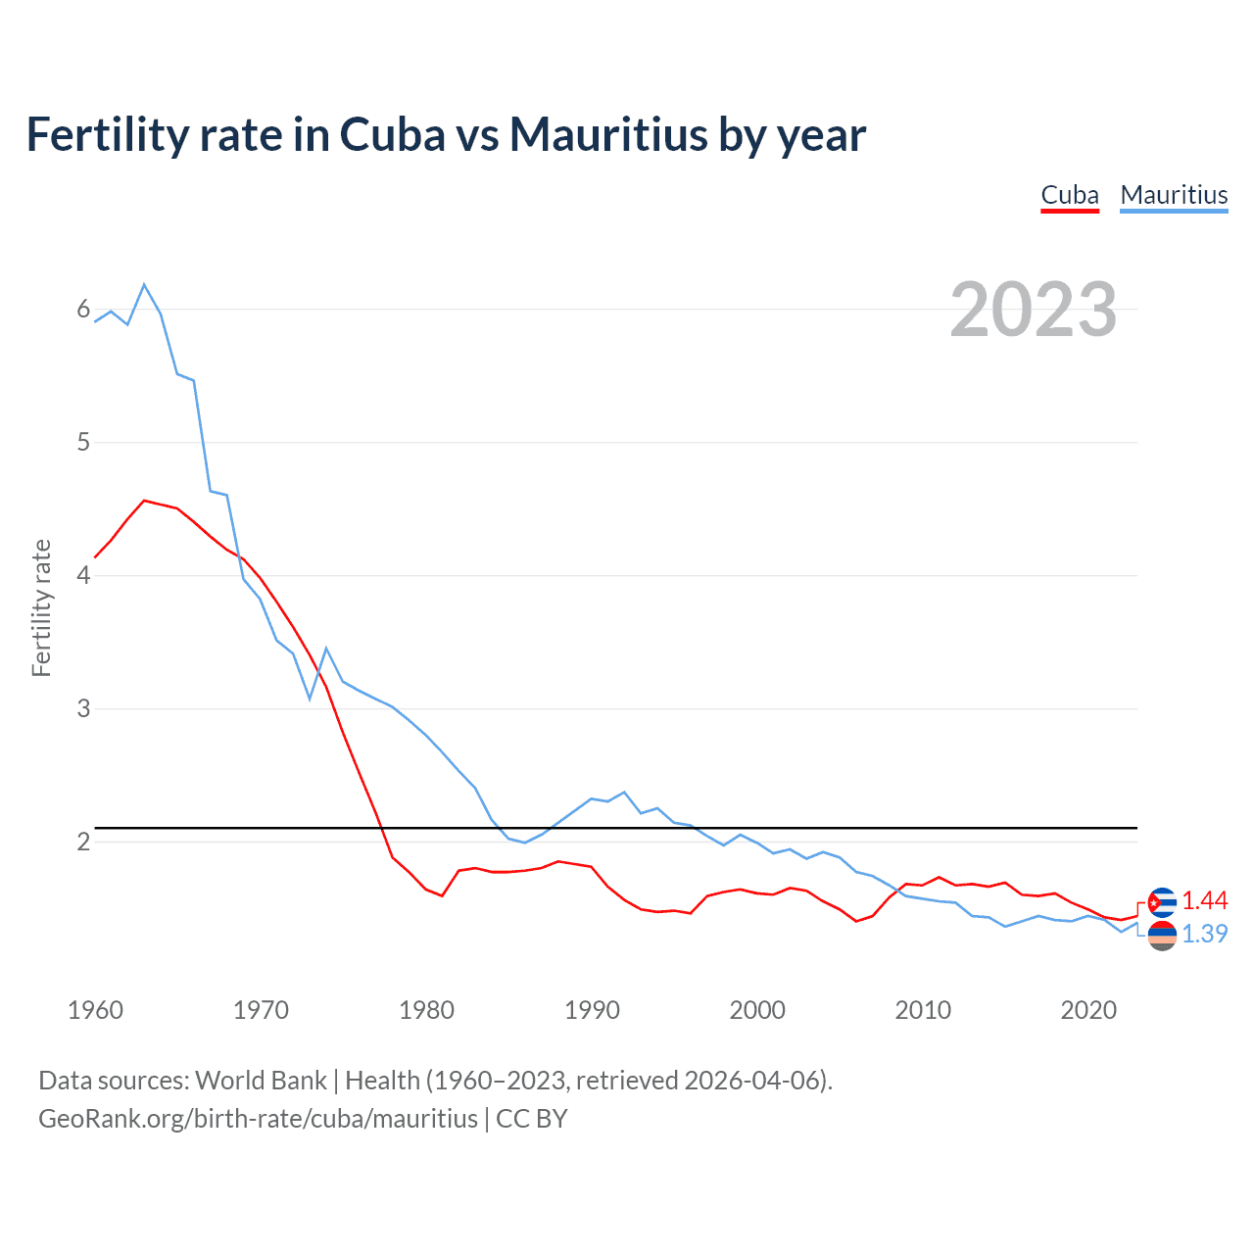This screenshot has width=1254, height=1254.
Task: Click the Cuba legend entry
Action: (1070, 195)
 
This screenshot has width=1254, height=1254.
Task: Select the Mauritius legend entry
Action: (1174, 195)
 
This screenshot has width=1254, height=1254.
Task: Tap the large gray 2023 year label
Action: (1034, 310)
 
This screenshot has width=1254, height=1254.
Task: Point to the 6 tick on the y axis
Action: (83, 310)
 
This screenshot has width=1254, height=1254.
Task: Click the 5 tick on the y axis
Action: (83, 442)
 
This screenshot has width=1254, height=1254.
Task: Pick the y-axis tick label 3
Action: (83, 708)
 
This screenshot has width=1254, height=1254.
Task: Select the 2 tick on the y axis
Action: (83, 842)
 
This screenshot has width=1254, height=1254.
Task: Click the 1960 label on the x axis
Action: (95, 1010)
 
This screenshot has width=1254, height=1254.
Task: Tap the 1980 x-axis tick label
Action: (426, 1010)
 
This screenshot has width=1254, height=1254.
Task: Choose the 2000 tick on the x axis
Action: (757, 1010)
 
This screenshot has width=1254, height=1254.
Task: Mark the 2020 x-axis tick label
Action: (1088, 1010)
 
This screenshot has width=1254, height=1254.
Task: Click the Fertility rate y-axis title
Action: (41, 607)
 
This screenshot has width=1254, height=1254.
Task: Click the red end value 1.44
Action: (1204, 901)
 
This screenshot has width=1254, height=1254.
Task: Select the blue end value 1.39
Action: (1204, 935)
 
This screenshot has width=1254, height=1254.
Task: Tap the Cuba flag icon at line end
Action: (1162, 902)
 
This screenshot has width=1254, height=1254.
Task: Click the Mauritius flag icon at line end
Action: (1162, 936)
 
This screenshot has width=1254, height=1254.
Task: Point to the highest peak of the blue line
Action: (144, 284)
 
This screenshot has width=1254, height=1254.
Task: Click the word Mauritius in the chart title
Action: (607, 135)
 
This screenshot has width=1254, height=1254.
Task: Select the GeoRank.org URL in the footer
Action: (258, 1119)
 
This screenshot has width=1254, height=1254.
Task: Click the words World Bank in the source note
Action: (261, 1081)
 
